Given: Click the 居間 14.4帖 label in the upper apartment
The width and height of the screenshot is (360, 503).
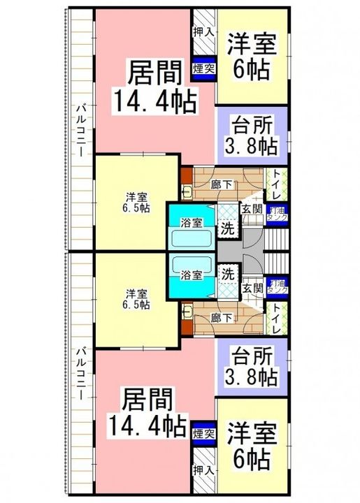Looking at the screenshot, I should pyautogui.click(x=154, y=86).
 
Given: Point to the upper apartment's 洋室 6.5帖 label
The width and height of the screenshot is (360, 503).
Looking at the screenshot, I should pyautogui.click(x=136, y=201).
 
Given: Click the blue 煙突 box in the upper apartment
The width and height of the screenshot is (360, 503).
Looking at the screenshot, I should pyautogui.click(x=203, y=68).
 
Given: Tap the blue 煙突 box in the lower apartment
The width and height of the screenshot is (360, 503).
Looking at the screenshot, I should pyautogui.click(x=203, y=434).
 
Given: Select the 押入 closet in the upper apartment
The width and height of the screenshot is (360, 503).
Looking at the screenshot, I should pyautogui.click(x=203, y=32).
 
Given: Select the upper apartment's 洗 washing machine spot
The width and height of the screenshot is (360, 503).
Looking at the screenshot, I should pyautogui.click(x=227, y=227).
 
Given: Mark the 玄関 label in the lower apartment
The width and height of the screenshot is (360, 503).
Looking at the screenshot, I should pyautogui.click(x=252, y=286).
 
